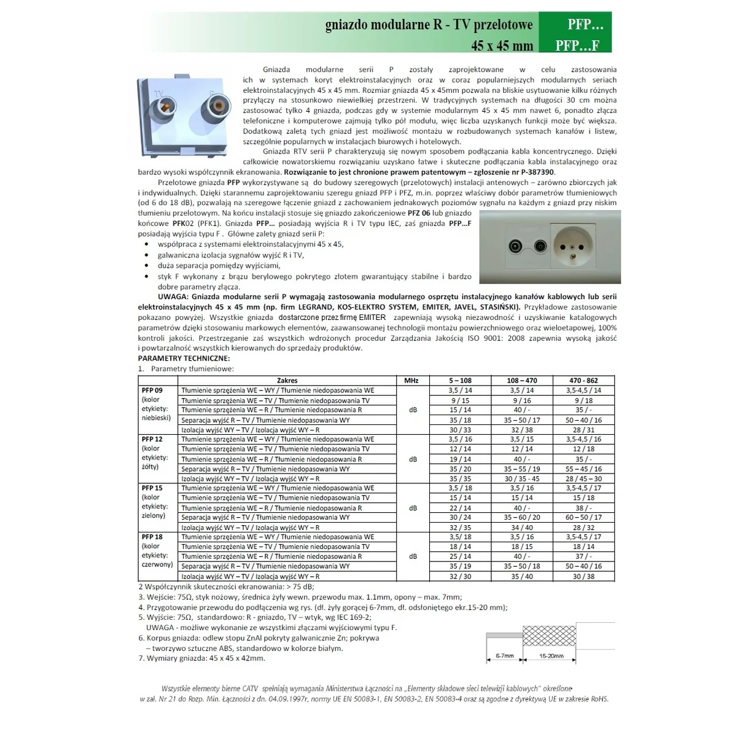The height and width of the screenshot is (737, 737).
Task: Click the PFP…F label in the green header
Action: [x=577, y=45]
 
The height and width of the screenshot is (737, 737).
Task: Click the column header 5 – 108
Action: [x=460, y=381]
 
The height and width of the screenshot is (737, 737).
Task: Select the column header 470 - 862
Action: [x=583, y=381]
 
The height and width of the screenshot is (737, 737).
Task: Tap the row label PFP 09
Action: [x=152, y=391]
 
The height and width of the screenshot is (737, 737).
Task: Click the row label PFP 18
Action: [x=152, y=537]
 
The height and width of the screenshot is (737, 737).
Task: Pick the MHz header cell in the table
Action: [x=411, y=381]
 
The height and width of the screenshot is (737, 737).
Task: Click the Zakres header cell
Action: [x=287, y=381]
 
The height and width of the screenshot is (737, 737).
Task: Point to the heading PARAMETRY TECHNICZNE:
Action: [x=184, y=358]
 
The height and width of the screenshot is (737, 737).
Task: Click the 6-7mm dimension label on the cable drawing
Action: [x=504, y=656]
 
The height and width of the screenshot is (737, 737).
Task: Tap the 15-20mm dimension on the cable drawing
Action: [x=551, y=656]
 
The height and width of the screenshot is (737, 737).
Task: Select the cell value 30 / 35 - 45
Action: [x=522, y=478]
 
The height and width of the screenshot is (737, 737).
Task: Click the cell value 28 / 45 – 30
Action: [x=583, y=478]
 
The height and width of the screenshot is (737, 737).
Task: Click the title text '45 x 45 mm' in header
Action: [x=502, y=45]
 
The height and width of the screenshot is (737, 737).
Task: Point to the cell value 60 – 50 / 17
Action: [x=583, y=518]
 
